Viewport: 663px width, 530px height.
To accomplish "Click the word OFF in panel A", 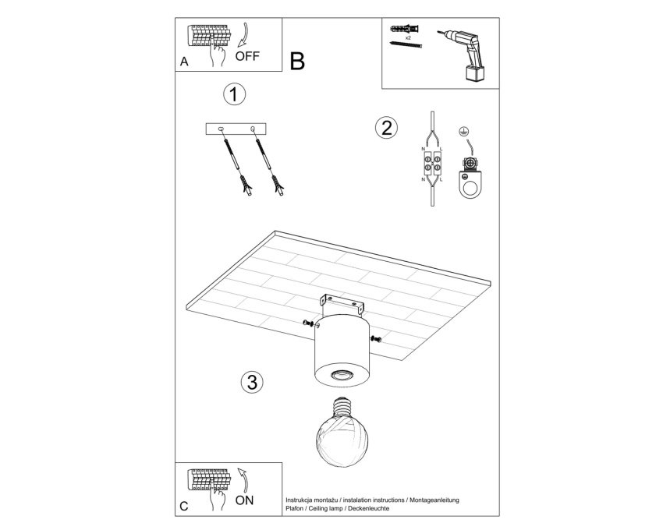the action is pos(247,56).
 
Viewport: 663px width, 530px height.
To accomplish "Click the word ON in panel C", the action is pos(244,500).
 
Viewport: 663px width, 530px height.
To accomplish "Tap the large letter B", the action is pos(297,62).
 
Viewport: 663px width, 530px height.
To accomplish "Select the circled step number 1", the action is pos(234,94).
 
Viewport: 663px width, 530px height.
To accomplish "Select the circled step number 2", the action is pos(386,128).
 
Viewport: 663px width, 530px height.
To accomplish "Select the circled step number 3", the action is pos(252,382).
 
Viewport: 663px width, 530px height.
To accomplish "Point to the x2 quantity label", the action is pos(408,37).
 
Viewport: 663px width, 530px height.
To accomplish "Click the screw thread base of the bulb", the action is pos(342,407).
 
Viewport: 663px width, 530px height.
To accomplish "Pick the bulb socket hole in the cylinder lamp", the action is pos(342,374).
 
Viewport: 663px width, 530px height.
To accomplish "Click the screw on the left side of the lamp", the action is pos(310,324).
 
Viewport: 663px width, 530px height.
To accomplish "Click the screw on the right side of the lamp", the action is pos(376,338).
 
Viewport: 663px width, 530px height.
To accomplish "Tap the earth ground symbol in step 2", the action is pos(463,132).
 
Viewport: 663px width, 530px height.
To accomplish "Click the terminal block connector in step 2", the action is pos(432,164).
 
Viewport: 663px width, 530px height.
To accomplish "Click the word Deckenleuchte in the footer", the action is pos(369,508).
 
